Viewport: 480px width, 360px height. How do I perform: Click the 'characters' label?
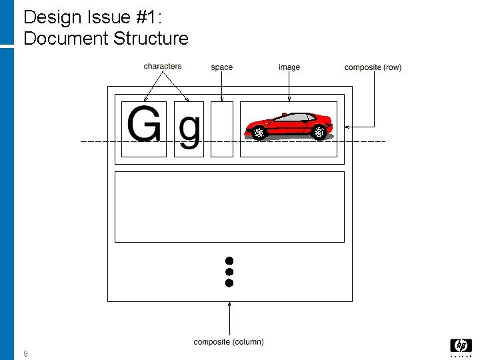pyautogui.click(x=162, y=66)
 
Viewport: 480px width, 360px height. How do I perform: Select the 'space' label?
pyautogui.click(x=221, y=67)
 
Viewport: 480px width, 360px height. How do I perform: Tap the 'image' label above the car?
pyautogui.click(x=289, y=67)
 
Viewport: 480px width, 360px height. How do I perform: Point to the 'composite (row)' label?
pyautogui.click(x=373, y=67)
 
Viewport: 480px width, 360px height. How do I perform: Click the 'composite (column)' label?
pyautogui.click(x=229, y=342)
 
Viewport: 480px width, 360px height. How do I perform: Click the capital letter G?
pyautogui.click(x=143, y=125)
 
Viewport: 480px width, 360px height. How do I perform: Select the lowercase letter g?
pyautogui.click(x=189, y=129)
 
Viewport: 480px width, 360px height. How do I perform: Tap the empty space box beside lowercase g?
pyautogui.click(x=222, y=129)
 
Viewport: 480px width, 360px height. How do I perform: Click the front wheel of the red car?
pyautogui.click(x=259, y=133)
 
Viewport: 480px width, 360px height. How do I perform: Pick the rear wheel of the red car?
pyautogui.click(x=319, y=132)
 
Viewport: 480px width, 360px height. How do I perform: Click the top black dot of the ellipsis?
pyautogui.click(x=229, y=260)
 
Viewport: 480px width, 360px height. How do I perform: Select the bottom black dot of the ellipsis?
pyautogui.click(x=229, y=283)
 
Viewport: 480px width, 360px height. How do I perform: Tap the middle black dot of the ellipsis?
pyautogui.click(x=229, y=271)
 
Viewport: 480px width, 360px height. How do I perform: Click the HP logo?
pyautogui.click(x=461, y=346)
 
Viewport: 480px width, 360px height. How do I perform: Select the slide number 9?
pyautogui.click(x=25, y=353)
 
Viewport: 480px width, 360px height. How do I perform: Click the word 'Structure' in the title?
pyautogui.click(x=151, y=39)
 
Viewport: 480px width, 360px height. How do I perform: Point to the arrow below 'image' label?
pyautogui.click(x=289, y=87)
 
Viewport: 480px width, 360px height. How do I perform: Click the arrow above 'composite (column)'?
pyautogui.click(x=229, y=317)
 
